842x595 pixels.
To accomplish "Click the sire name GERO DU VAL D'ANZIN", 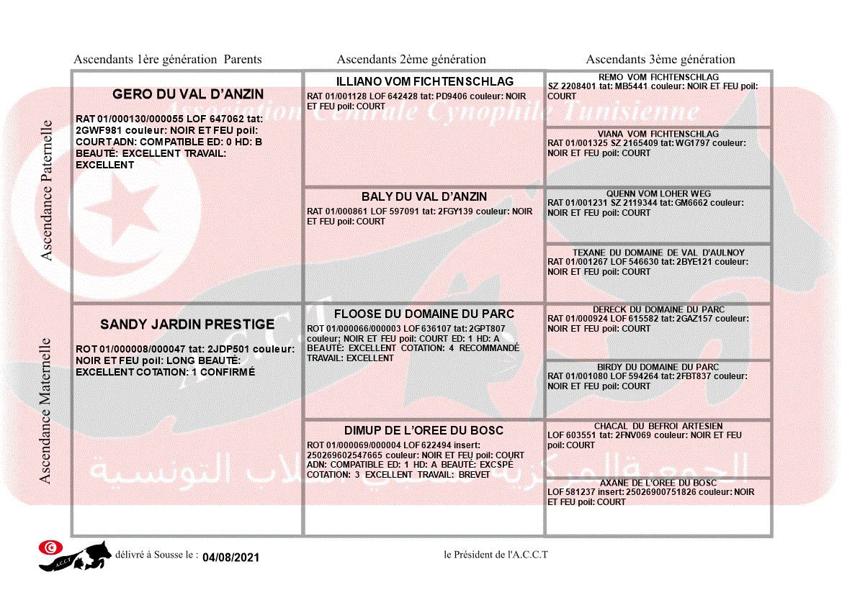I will point(188,94).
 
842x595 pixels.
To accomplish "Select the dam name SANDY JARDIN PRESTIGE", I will point(187,324).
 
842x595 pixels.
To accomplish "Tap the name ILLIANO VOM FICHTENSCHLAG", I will point(424,81).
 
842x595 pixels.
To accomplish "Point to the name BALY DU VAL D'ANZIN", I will point(424,196).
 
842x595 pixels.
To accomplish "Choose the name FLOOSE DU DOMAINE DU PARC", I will point(424,314).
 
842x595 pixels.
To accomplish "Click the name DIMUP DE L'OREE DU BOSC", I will point(424,430).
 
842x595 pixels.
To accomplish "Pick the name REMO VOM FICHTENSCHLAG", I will point(658,77).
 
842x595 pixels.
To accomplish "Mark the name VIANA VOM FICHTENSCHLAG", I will point(658,134).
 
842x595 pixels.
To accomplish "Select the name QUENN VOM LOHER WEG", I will point(658,194).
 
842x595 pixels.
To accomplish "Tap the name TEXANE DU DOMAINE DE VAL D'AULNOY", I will point(658,253).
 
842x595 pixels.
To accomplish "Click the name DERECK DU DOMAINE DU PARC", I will point(658,309).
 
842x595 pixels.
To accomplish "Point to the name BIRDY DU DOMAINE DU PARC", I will point(658,367).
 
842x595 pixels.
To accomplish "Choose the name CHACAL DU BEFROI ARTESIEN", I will point(658,426).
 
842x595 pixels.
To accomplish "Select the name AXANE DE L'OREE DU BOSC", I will point(658,483).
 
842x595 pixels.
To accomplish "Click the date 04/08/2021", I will point(230,558).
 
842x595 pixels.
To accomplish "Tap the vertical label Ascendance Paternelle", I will point(47,190).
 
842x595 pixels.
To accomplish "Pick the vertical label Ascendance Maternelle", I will point(45,410).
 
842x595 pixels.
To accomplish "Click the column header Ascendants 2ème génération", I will point(411,60).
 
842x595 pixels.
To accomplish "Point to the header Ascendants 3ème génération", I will point(660,60).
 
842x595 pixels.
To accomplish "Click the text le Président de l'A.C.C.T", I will point(496,555).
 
